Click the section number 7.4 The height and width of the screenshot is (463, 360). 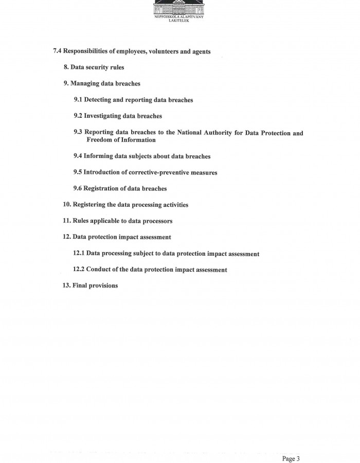[x=57, y=51]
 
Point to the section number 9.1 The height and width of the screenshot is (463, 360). [x=78, y=99]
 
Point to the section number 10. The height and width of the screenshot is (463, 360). [x=67, y=205]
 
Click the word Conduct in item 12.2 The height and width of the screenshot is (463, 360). [x=99, y=270]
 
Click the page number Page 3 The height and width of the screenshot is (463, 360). [x=291, y=444]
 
